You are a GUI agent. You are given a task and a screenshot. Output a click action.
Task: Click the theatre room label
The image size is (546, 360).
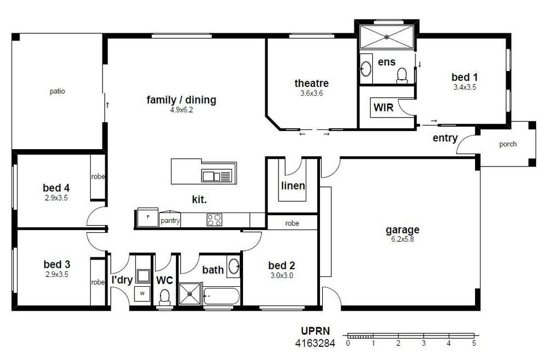[x=311, y=83]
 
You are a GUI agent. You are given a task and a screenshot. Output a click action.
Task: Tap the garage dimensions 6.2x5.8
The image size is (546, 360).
[x=402, y=239]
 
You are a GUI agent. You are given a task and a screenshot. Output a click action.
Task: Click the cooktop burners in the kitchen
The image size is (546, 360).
[x=214, y=220]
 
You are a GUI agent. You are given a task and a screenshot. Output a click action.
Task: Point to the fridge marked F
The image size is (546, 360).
[x=147, y=217]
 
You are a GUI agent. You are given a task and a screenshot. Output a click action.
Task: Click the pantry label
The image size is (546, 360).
[x=170, y=221]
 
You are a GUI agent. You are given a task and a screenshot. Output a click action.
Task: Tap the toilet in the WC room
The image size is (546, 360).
[x=164, y=298]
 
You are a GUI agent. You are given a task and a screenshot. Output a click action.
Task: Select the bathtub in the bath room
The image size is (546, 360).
[x=222, y=296]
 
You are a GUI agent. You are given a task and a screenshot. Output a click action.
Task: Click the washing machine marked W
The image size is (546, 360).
[x=143, y=294]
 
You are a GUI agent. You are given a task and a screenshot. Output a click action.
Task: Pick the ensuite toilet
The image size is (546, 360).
[x=402, y=75]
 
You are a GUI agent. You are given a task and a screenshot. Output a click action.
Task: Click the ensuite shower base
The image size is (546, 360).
[x=387, y=37]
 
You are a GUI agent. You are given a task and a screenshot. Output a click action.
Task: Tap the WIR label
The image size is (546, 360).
[x=383, y=107]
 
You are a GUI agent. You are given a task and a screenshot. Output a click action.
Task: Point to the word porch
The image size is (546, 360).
[x=508, y=144]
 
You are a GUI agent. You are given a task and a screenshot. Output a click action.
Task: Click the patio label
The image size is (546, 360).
[x=57, y=91]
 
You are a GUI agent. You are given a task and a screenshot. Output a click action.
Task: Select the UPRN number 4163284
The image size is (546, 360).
[x=315, y=343]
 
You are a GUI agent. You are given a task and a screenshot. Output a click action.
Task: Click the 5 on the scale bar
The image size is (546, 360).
[x=474, y=343]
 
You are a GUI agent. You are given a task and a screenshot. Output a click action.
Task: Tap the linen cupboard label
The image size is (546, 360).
[x=293, y=186]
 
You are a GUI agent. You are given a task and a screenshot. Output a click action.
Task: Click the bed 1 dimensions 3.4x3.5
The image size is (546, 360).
[x=465, y=87]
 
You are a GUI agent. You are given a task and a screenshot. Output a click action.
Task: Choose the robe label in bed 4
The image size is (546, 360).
[x=98, y=176]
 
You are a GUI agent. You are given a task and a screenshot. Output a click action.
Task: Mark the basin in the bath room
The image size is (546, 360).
[x=234, y=266]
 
